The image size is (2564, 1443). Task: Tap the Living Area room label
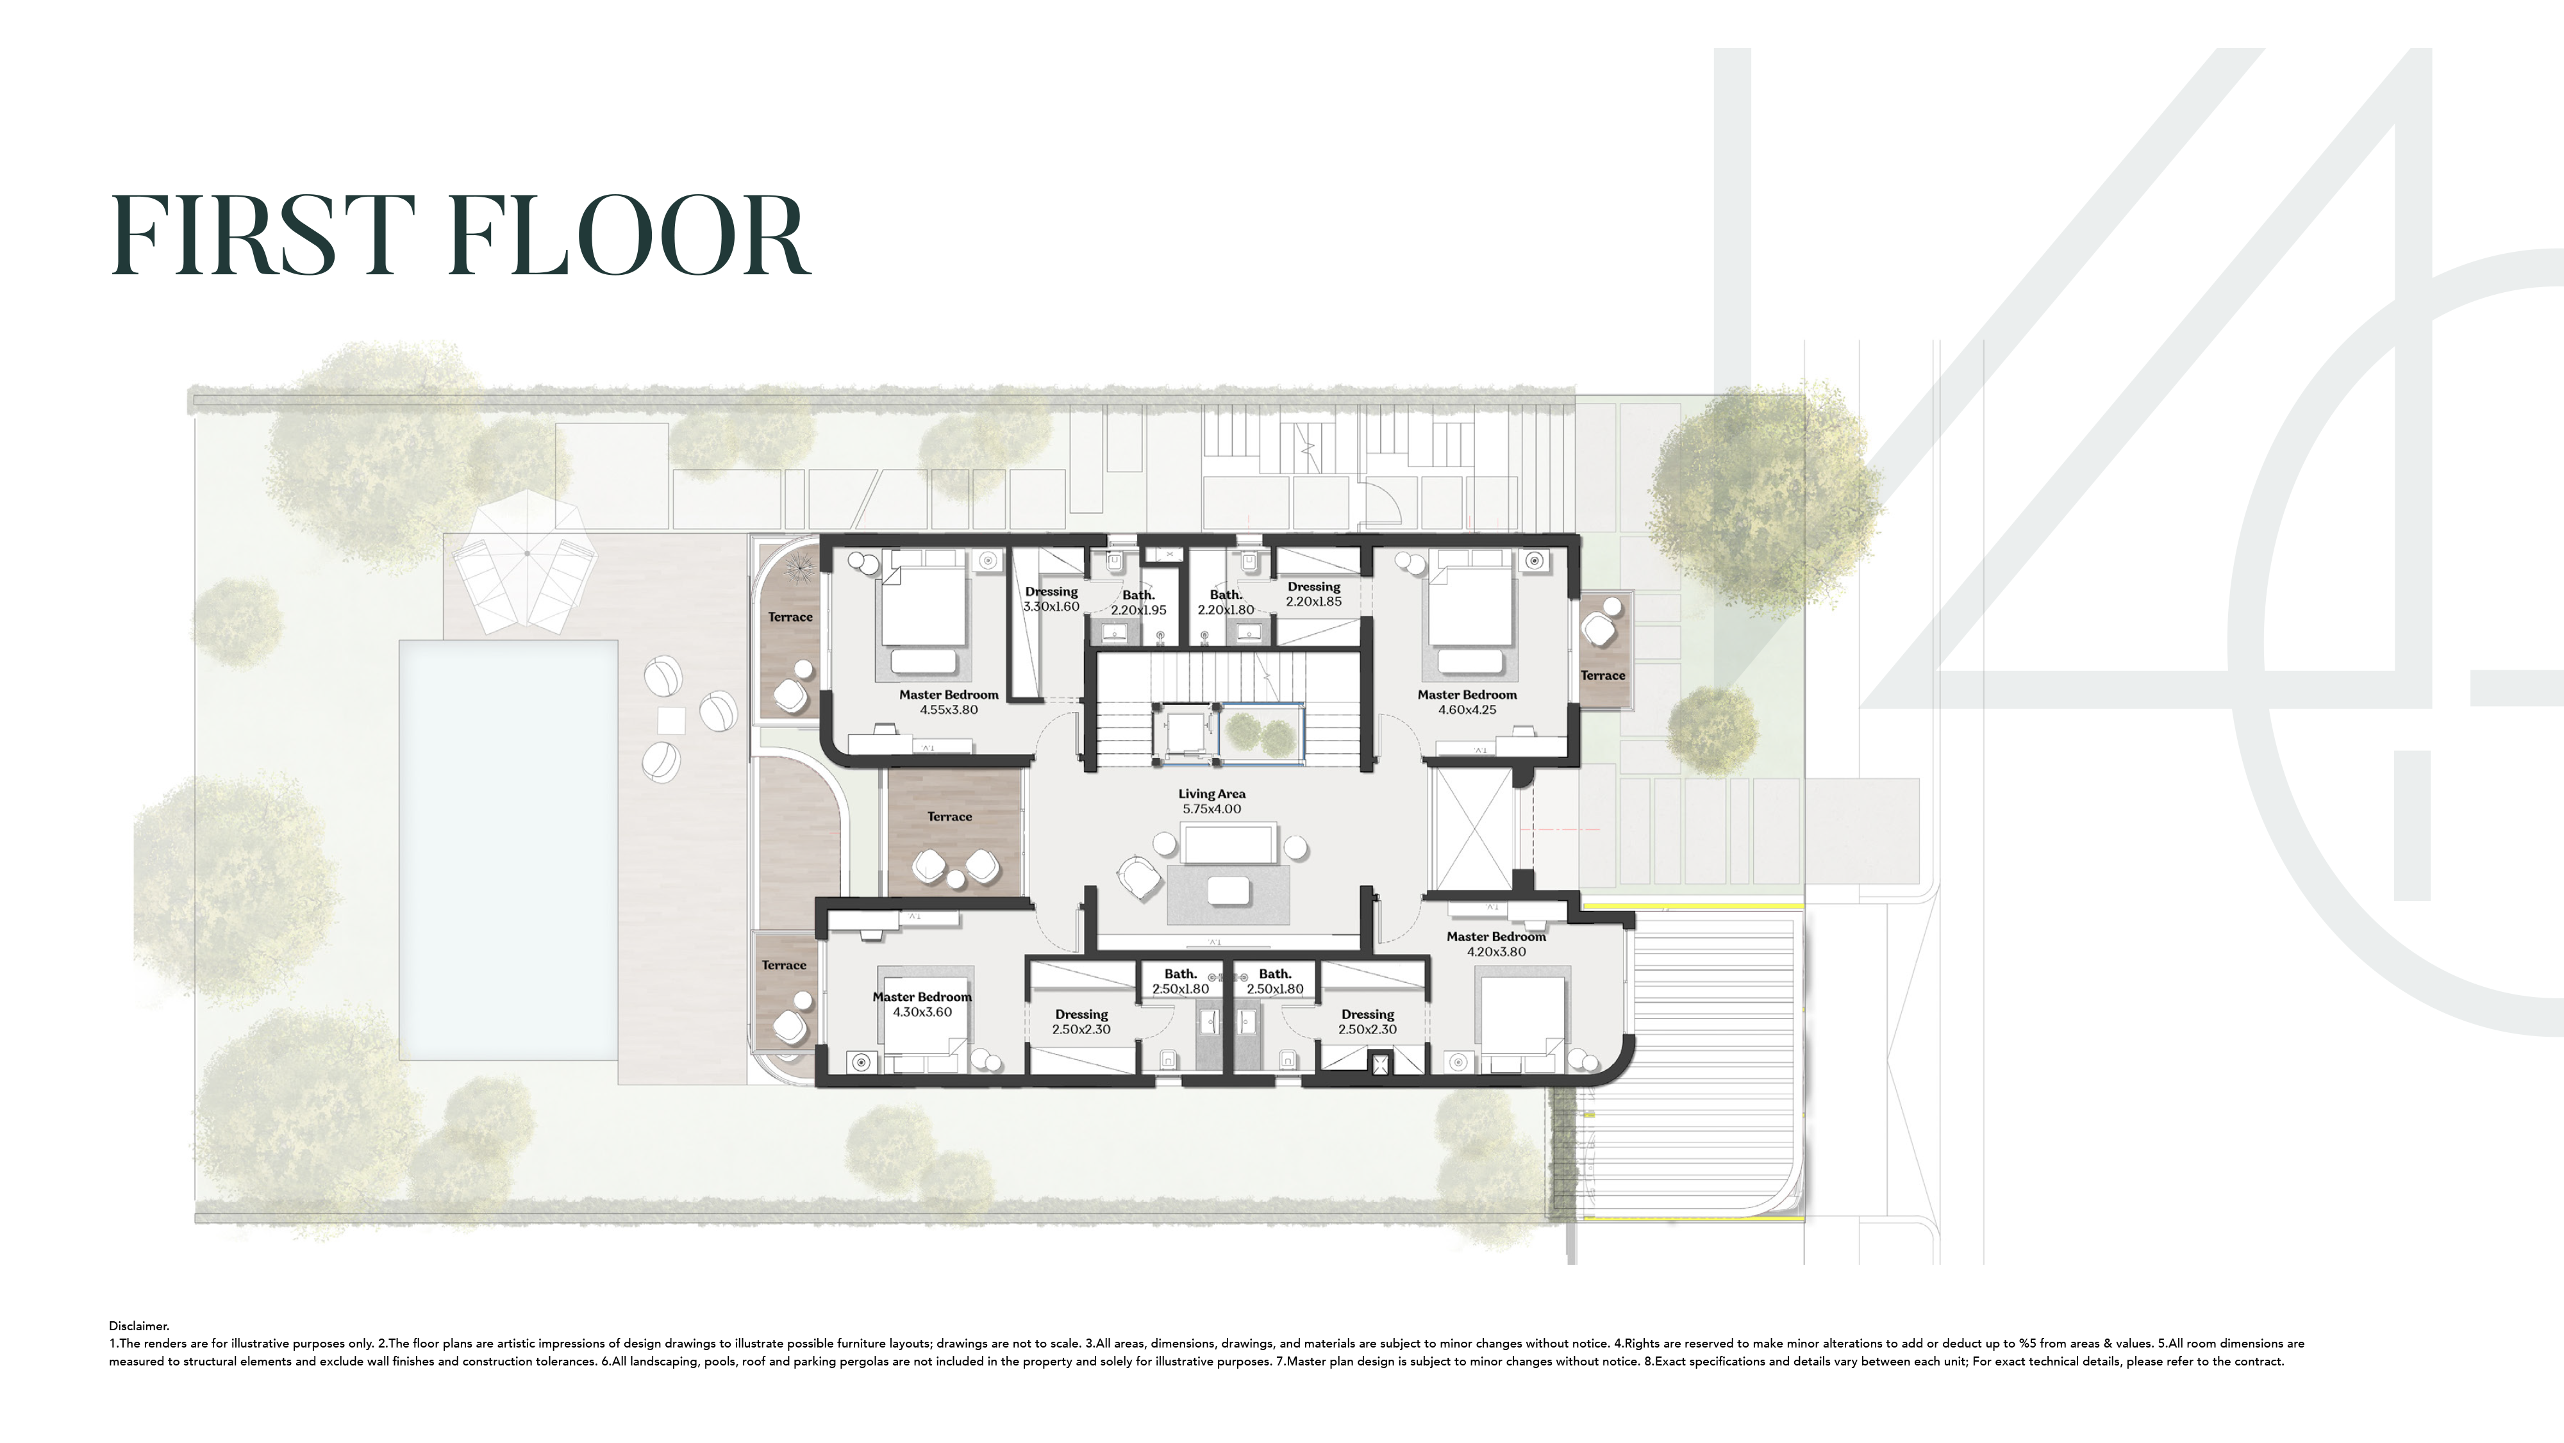tap(1211, 794)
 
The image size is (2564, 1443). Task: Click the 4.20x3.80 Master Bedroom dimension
tap(1496, 952)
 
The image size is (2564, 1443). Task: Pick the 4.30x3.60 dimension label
tap(922, 1012)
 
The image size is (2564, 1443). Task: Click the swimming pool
tap(508, 850)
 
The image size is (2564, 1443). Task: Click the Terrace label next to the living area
tap(949, 817)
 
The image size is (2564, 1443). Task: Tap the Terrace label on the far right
tap(1602, 676)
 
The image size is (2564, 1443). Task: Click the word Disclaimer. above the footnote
tap(139, 1326)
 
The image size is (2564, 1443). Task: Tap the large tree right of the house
tap(1764, 495)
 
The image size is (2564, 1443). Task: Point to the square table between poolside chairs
tap(671, 720)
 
